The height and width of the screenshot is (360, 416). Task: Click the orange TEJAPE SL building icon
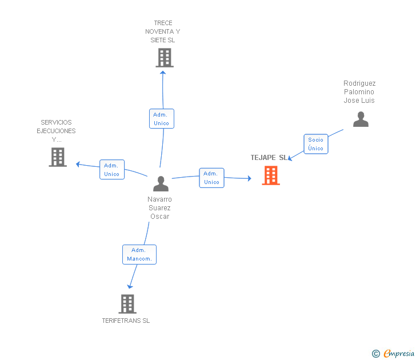point(271,175)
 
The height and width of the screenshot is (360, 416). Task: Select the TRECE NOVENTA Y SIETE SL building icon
point(165,58)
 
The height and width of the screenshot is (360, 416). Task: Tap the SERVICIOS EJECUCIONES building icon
point(58,157)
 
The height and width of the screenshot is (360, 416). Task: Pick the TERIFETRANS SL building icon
point(127,303)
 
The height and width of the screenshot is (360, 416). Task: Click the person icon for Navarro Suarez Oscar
point(161,184)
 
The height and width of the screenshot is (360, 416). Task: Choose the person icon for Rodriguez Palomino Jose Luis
point(361,119)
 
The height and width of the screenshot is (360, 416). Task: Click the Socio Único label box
point(315,144)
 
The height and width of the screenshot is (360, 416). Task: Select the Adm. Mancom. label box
point(139,254)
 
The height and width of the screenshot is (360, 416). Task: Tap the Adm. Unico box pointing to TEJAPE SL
point(211,178)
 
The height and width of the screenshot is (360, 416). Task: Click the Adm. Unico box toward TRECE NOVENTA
point(162,119)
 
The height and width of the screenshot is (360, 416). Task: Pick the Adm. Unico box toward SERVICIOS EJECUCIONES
point(112,170)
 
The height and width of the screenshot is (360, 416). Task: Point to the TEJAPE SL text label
point(269,158)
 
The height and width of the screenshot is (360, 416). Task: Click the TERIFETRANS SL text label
point(126,321)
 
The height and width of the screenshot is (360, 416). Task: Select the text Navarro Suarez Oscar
point(159,207)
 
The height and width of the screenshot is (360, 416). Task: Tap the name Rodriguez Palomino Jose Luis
point(359,91)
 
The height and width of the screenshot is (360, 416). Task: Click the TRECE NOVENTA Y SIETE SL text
point(162,31)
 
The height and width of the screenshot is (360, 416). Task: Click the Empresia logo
point(399,353)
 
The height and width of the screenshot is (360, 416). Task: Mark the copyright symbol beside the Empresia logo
point(375,354)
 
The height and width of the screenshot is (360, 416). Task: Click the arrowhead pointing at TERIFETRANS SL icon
point(130,286)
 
